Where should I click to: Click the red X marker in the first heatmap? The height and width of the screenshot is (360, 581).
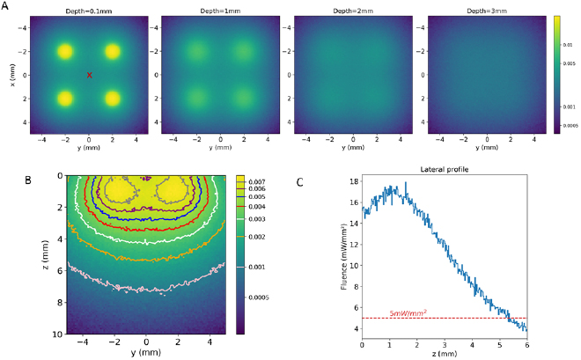[x=89, y=75]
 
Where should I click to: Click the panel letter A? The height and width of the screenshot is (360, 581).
[x=5, y=7]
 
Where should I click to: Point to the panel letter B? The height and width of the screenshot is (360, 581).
[x=29, y=180]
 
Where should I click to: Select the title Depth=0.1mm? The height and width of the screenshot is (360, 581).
[x=88, y=10]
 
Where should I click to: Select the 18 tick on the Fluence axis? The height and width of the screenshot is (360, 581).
[x=354, y=181]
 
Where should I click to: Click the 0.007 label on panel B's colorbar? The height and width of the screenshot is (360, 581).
[x=256, y=180]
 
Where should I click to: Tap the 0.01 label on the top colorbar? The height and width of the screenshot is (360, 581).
[x=569, y=42]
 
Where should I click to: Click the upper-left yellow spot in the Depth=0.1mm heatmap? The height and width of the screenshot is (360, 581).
[x=64, y=51]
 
